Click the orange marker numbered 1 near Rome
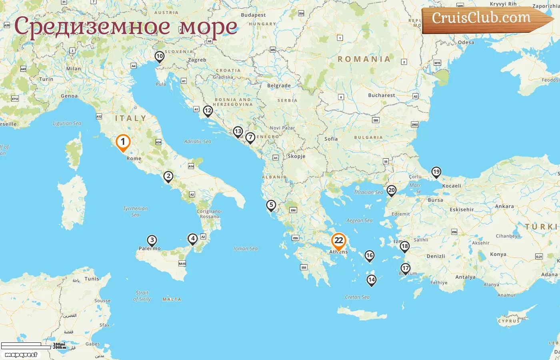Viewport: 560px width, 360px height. [x=123, y=142]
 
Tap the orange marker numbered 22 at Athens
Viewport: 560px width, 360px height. [x=338, y=240]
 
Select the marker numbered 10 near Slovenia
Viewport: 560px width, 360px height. [x=160, y=56]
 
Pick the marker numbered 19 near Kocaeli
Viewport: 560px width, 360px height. [x=436, y=172]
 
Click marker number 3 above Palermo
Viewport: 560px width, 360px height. [x=152, y=240]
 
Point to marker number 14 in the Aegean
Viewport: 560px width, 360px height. [x=372, y=280]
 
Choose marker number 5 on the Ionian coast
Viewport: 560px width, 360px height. [x=271, y=205]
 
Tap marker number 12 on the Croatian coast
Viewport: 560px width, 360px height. [x=208, y=111]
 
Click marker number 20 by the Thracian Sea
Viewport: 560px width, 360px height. [x=392, y=190]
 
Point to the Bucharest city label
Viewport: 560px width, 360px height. [x=381, y=95]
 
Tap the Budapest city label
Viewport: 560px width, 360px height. [x=253, y=15]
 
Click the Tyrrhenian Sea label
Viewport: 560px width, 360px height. [x=135, y=212]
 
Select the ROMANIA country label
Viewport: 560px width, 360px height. [x=364, y=59]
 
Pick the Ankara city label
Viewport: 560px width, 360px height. [x=504, y=206]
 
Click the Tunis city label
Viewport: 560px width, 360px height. [x=92, y=279]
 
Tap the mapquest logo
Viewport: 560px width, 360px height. [x=21, y=355]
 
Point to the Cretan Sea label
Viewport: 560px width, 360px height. [x=357, y=297]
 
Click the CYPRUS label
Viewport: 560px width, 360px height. [x=509, y=321]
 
